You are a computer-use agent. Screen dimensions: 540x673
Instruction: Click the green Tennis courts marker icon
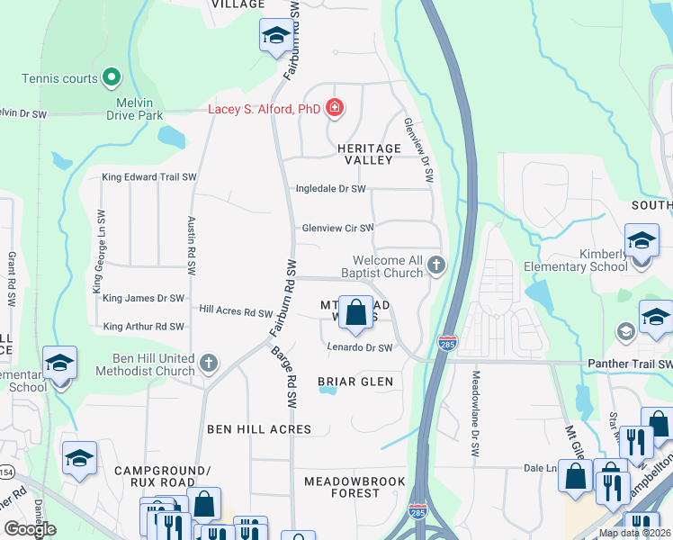point(112,78)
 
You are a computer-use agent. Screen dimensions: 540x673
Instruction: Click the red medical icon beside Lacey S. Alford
point(335,109)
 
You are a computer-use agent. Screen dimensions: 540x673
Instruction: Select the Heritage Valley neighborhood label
point(368,154)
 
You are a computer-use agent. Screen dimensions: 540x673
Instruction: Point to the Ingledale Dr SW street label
point(331,189)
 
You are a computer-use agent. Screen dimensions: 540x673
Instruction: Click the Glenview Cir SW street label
point(336,229)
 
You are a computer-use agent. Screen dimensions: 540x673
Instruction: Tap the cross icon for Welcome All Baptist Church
point(436,265)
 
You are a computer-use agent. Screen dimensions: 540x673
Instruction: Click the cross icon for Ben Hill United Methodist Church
point(208,364)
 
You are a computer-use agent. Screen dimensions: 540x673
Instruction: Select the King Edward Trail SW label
point(148,177)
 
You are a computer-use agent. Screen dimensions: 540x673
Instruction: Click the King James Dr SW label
point(143,298)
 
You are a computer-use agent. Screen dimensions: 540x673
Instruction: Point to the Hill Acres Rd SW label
point(236,312)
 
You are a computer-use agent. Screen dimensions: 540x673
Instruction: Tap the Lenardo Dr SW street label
point(359,347)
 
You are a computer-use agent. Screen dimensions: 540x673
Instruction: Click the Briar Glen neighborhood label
point(355,382)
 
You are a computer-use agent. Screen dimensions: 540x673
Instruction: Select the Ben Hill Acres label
point(259,429)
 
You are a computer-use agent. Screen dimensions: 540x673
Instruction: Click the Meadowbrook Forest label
point(354,487)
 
